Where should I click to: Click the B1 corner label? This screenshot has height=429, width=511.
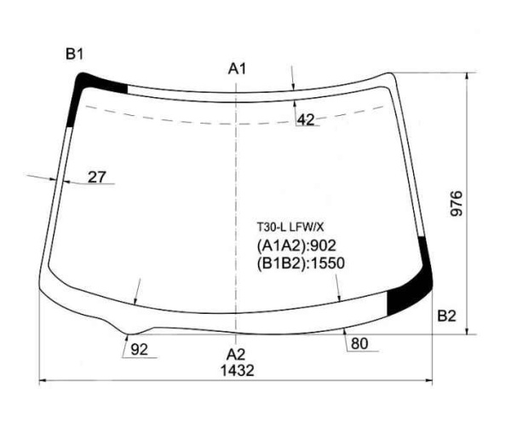[x=75, y=55]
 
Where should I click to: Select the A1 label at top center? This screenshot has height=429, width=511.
[x=237, y=68]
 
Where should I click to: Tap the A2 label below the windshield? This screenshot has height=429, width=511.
[x=236, y=354]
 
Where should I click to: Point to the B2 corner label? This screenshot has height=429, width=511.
[x=447, y=316]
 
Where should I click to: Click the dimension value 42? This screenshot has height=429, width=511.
[x=306, y=120]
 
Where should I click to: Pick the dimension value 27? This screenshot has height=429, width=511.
[x=98, y=177]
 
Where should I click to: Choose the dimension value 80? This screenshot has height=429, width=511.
[x=359, y=344]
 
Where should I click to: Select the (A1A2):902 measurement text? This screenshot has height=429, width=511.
[x=296, y=246]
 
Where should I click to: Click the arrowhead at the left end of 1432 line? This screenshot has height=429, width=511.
[x=44, y=381]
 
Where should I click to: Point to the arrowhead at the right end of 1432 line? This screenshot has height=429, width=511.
[x=432, y=381]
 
